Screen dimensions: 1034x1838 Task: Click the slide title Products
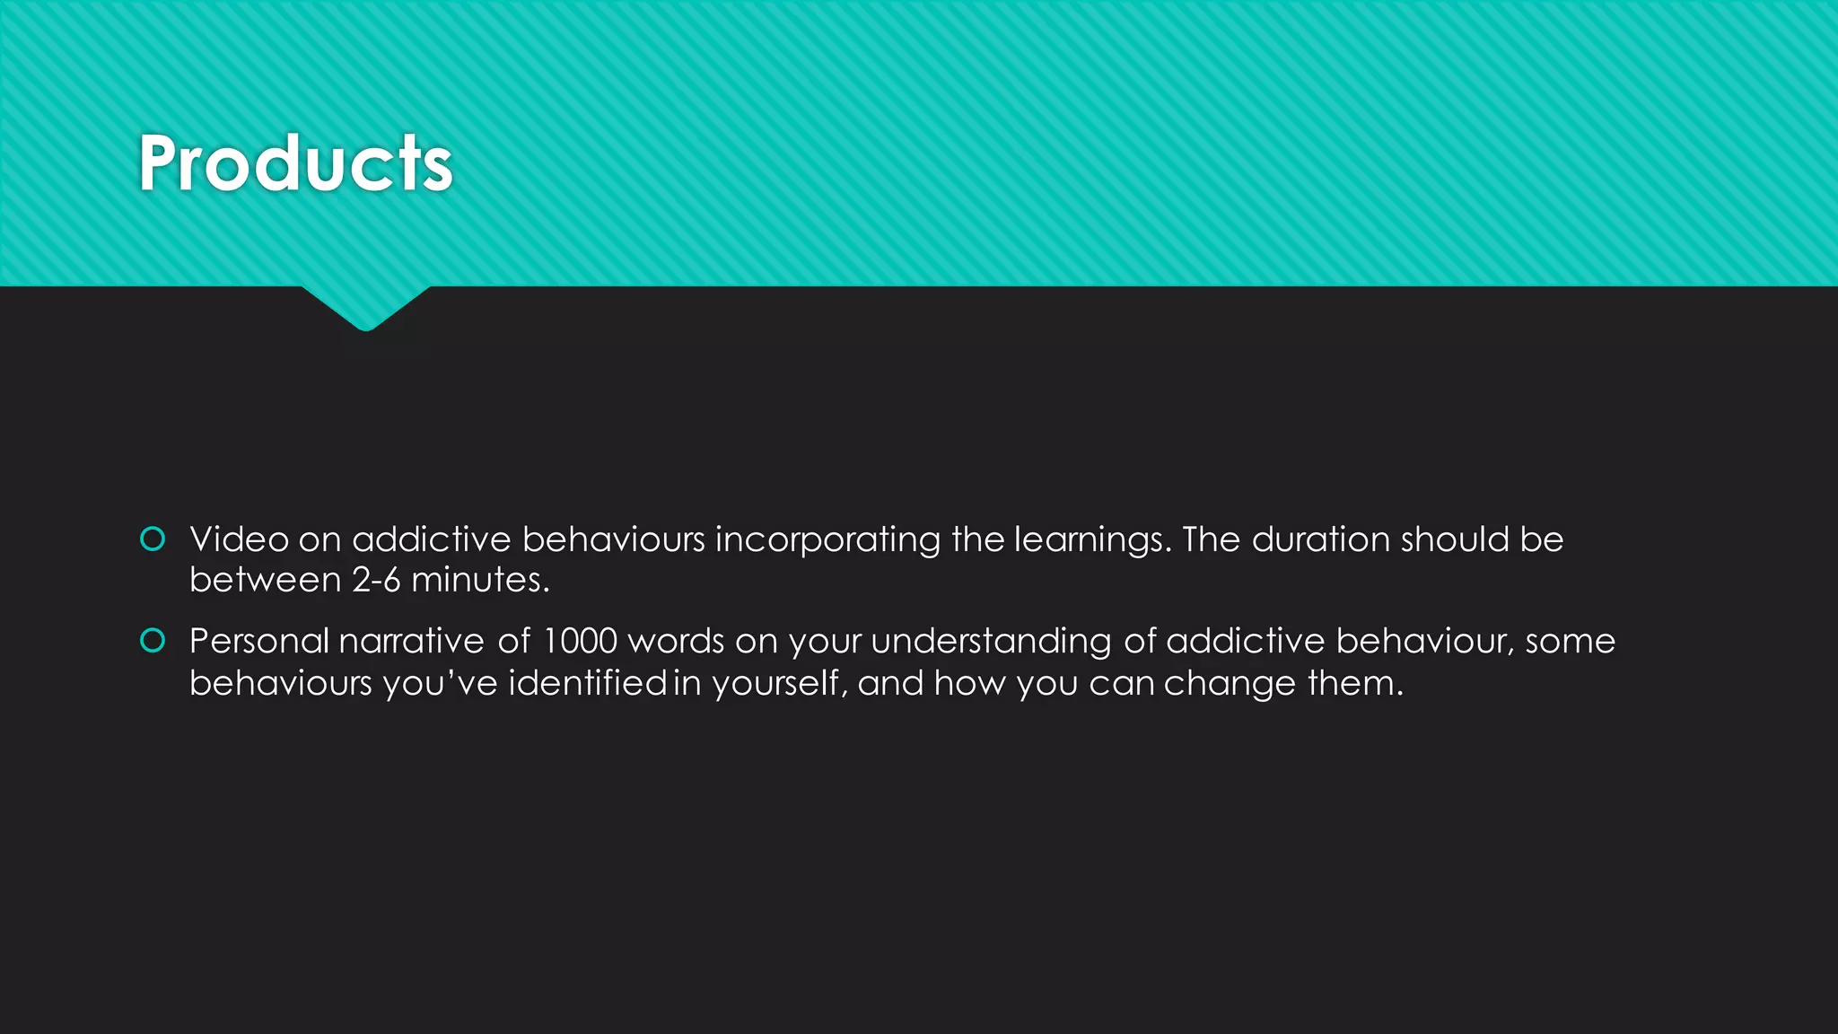pos(295,163)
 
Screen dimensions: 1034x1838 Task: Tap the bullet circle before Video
pos(153,539)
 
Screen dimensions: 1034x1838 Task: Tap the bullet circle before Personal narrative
pos(153,640)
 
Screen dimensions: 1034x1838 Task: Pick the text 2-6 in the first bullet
pos(376,580)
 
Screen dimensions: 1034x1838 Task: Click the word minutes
pos(479,580)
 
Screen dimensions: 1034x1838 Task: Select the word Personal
pos(259,641)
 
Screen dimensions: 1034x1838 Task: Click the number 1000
pos(580,641)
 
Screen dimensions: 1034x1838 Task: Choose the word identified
pos(588,683)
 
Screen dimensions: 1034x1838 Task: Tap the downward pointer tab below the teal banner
pos(365,309)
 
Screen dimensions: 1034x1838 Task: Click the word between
pos(265,580)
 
